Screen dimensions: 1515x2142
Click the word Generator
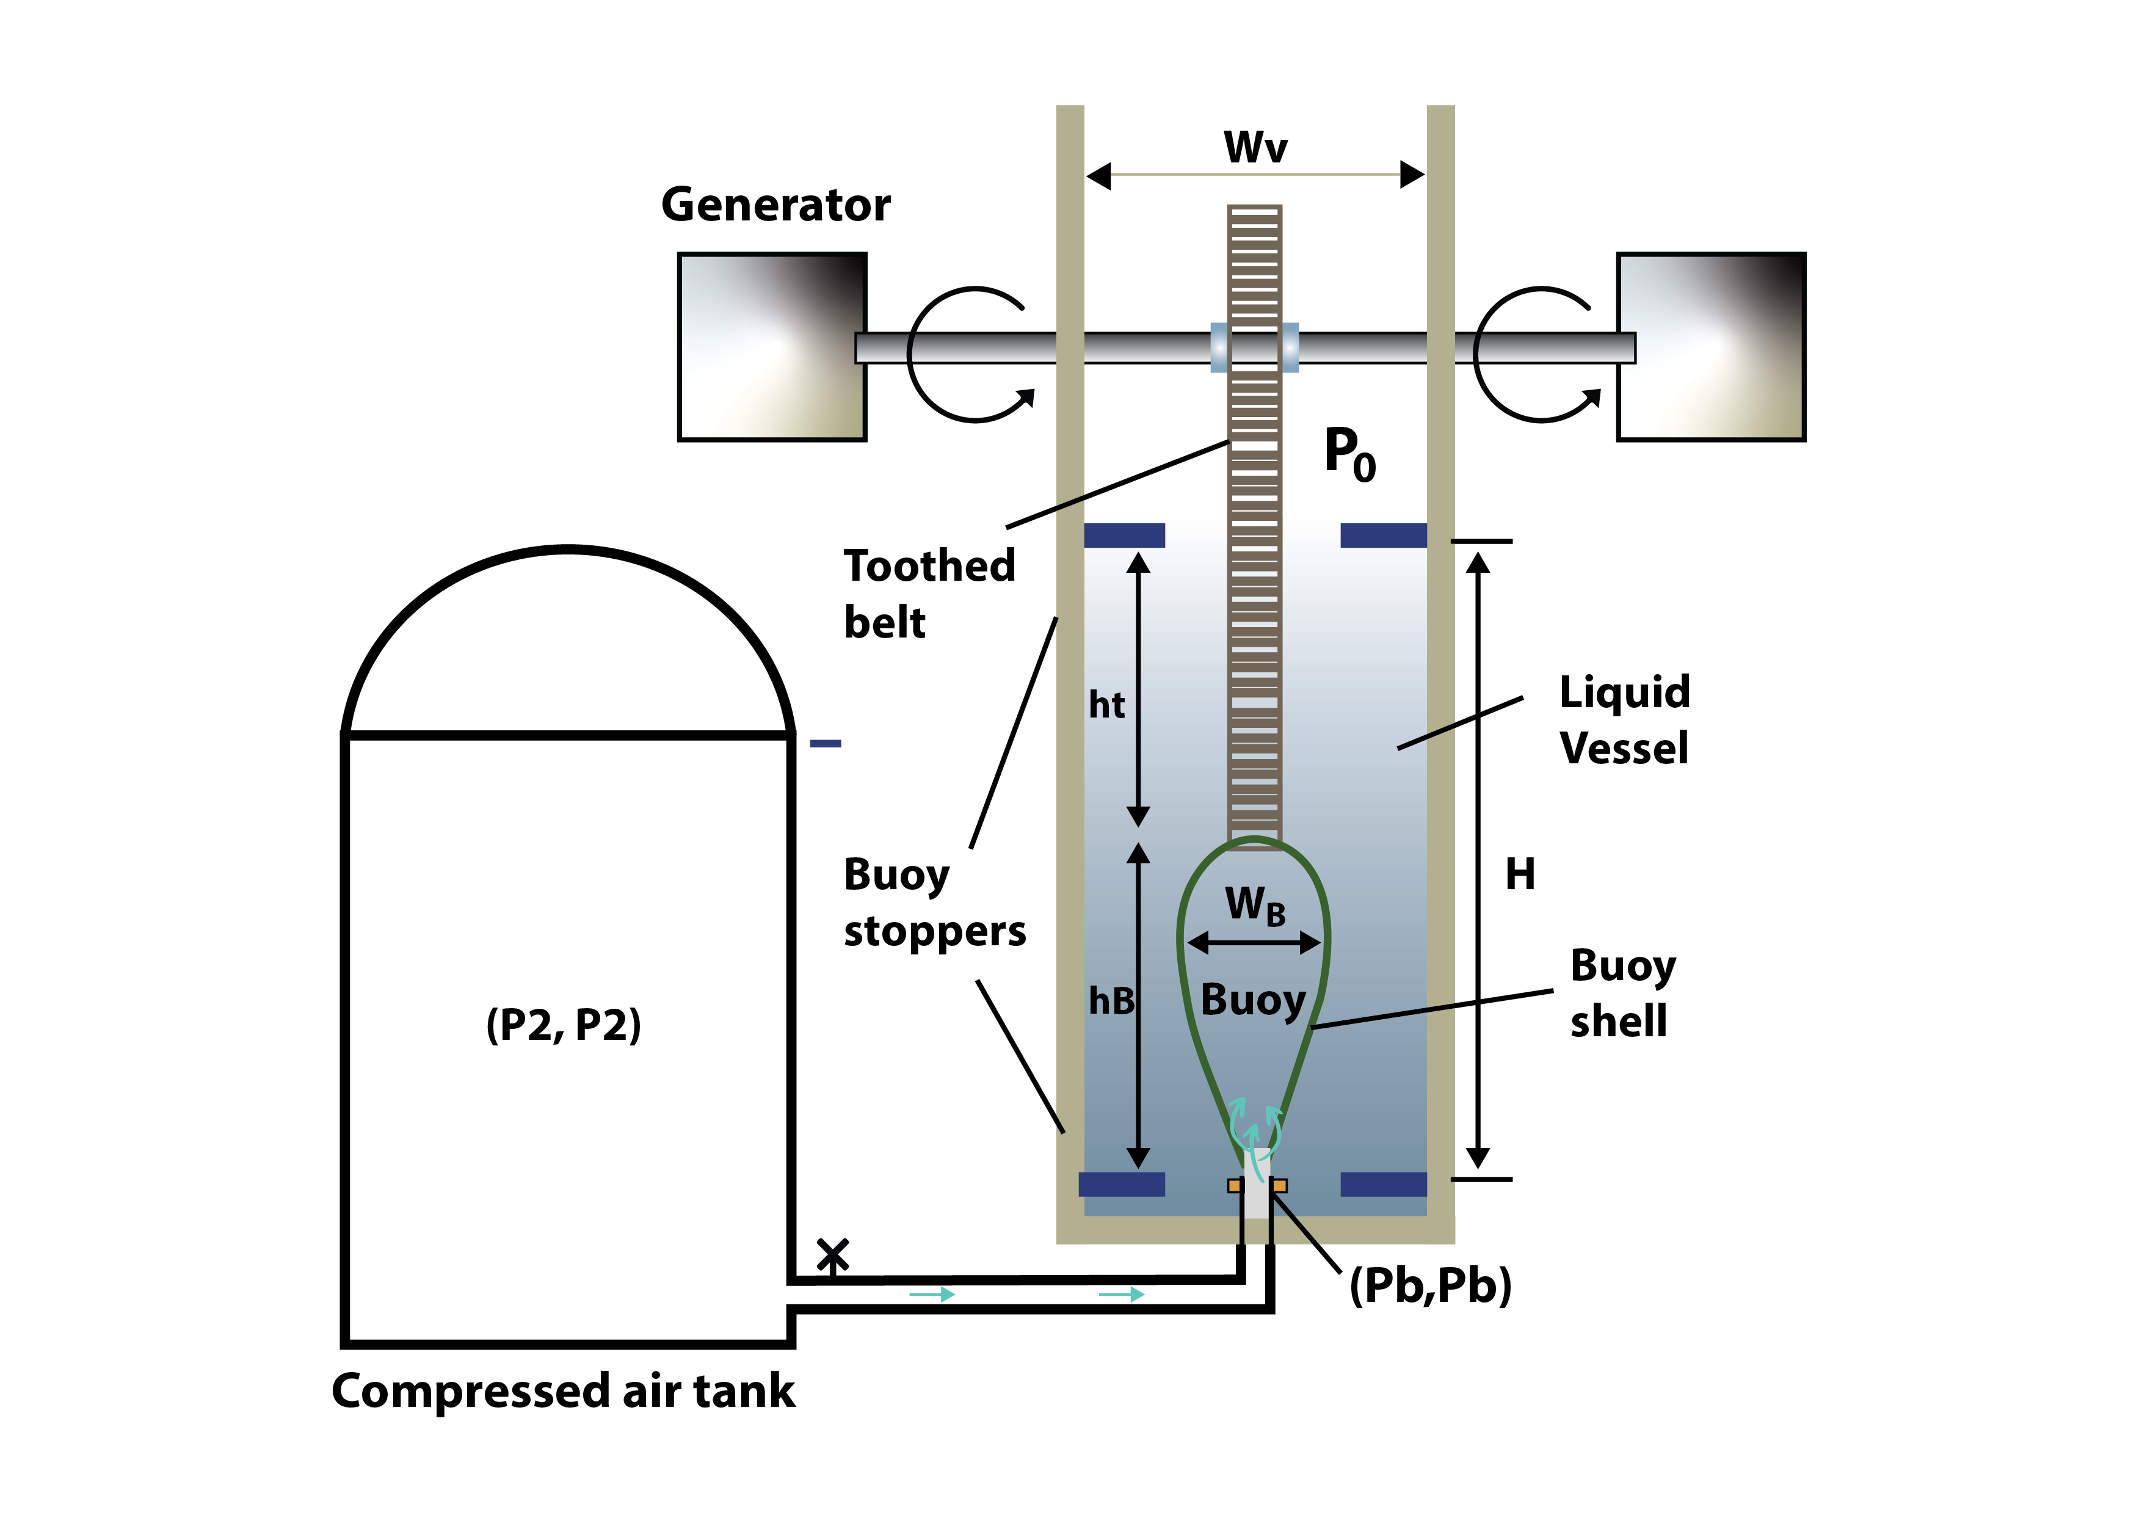(775, 205)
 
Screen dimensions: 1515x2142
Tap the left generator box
(772, 346)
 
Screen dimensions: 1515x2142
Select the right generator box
(1711, 346)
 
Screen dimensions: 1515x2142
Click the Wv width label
(1256, 147)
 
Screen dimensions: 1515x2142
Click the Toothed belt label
(929, 594)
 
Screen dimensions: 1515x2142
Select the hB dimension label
(1111, 1001)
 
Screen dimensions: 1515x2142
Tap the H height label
(1520, 874)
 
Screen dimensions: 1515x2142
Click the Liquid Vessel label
(1624, 719)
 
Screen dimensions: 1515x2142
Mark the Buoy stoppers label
(934, 902)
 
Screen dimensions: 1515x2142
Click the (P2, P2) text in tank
(564, 1024)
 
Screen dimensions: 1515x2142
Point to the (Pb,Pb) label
(1430, 1285)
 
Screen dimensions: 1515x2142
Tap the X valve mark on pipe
(832, 1255)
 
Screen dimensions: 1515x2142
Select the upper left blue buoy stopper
(1124, 534)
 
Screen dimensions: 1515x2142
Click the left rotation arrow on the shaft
(970, 355)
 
